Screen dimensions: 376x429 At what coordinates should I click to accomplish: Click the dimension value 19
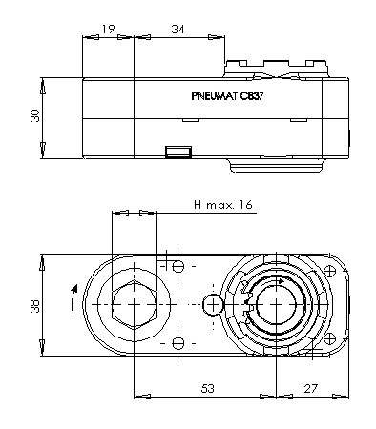[108, 30]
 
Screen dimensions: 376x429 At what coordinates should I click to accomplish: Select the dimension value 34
[178, 30]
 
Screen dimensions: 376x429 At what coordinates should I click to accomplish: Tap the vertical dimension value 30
[35, 115]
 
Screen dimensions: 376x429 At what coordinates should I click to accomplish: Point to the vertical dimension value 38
[35, 306]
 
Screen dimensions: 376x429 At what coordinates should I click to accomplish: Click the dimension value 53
[208, 388]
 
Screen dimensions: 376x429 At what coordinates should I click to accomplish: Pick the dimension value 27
[311, 388]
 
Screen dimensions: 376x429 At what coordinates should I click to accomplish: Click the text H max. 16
[223, 204]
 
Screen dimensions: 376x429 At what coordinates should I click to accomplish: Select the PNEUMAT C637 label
[228, 95]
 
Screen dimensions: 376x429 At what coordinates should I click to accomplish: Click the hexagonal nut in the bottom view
[134, 305]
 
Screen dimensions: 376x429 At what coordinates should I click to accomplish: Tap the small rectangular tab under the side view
[178, 152]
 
